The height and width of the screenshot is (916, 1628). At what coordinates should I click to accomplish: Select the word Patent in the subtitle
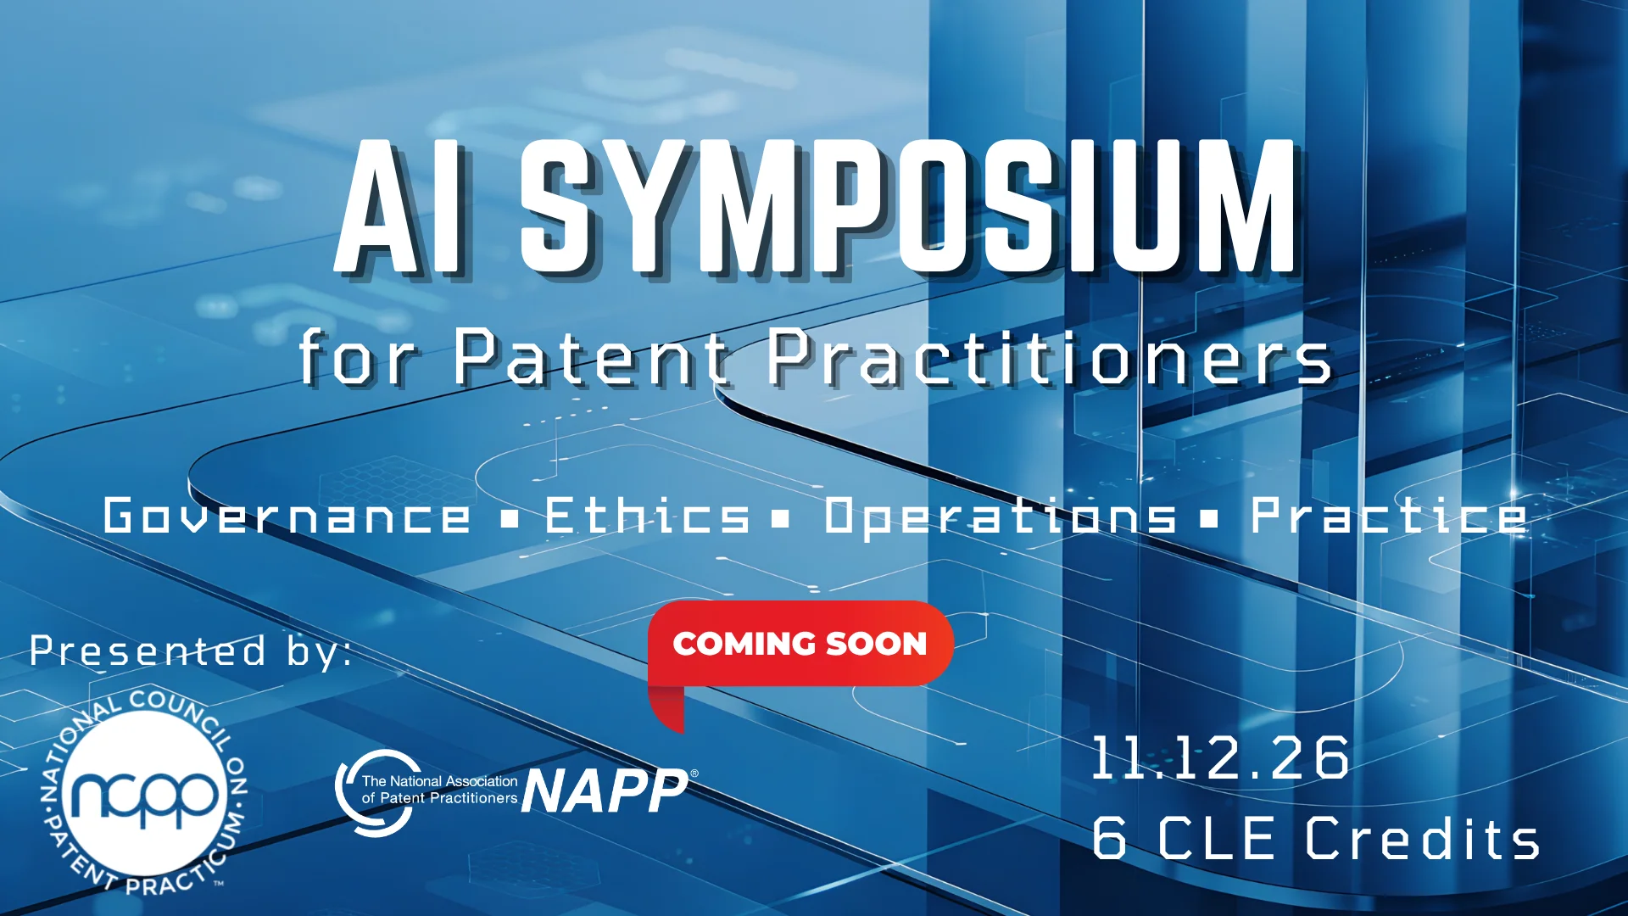point(590,357)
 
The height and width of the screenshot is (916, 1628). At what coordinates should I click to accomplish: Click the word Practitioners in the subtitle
point(1050,357)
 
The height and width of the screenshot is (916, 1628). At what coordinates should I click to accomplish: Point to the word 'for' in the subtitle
point(357,357)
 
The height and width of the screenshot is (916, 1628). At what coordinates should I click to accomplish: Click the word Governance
point(287,516)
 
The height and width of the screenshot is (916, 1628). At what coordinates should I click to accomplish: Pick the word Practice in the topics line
point(1389,515)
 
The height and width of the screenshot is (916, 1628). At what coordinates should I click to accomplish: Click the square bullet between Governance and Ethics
point(509,518)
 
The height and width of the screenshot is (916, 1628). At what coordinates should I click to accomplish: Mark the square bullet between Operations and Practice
point(1210,518)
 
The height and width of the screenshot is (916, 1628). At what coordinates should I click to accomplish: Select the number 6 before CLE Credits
point(1109,838)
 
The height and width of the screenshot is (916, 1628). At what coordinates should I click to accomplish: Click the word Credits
point(1422,838)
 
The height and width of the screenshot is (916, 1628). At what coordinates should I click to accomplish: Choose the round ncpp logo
point(145,794)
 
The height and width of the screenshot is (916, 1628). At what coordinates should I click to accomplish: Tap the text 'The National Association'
point(439,781)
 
